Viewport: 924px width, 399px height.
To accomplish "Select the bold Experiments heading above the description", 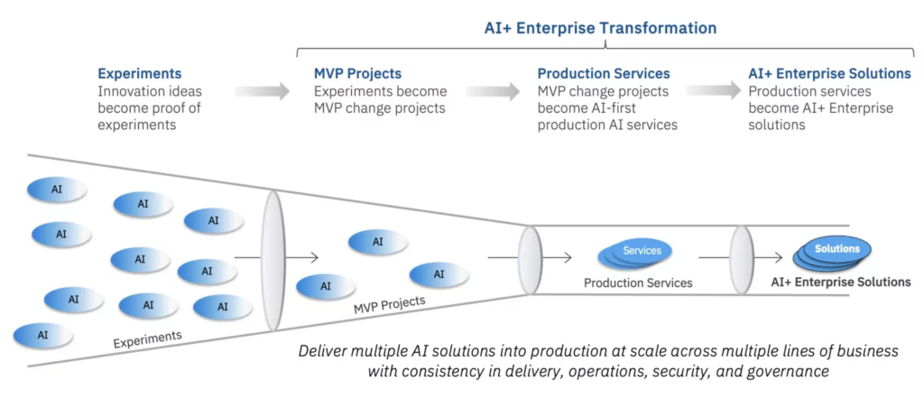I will click(x=140, y=73).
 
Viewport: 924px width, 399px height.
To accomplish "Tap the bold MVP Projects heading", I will click(x=357, y=73).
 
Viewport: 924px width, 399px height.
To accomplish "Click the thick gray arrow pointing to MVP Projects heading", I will click(x=263, y=91).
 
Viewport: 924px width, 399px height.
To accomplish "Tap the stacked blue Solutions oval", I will click(x=836, y=251).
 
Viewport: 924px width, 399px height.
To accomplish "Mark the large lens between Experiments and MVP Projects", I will click(x=273, y=260).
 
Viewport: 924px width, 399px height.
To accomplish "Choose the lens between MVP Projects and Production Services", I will click(x=530, y=259).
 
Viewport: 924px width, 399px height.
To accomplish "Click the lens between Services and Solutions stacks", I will click(x=742, y=258).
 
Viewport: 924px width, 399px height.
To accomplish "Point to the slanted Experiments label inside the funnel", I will click(x=147, y=339).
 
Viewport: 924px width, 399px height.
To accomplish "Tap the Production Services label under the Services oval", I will click(x=637, y=283).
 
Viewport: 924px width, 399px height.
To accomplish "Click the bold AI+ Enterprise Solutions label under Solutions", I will click(x=840, y=282).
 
